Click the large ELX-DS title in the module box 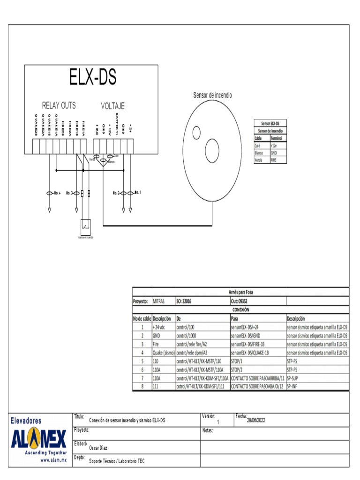click(x=93, y=77)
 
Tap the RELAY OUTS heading click(x=59, y=105)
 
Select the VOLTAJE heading click(x=112, y=106)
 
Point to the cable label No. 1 click(x=137, y=192)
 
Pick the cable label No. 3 click(x=70, y=193)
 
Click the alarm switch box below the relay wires click(x=86, y=226)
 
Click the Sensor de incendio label click(x=212, y=95)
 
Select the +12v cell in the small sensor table click(x=278, y=146)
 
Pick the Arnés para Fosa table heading click(x=241, y=292)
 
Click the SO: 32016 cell click(x=202, y=301)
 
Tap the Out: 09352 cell click(x=257, y=301)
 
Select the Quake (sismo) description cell click(x=163, y=352)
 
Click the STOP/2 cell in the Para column click(x=257, y=369)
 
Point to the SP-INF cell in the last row click(x=317, y=386)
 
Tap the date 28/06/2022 click(x=256, y=420)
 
